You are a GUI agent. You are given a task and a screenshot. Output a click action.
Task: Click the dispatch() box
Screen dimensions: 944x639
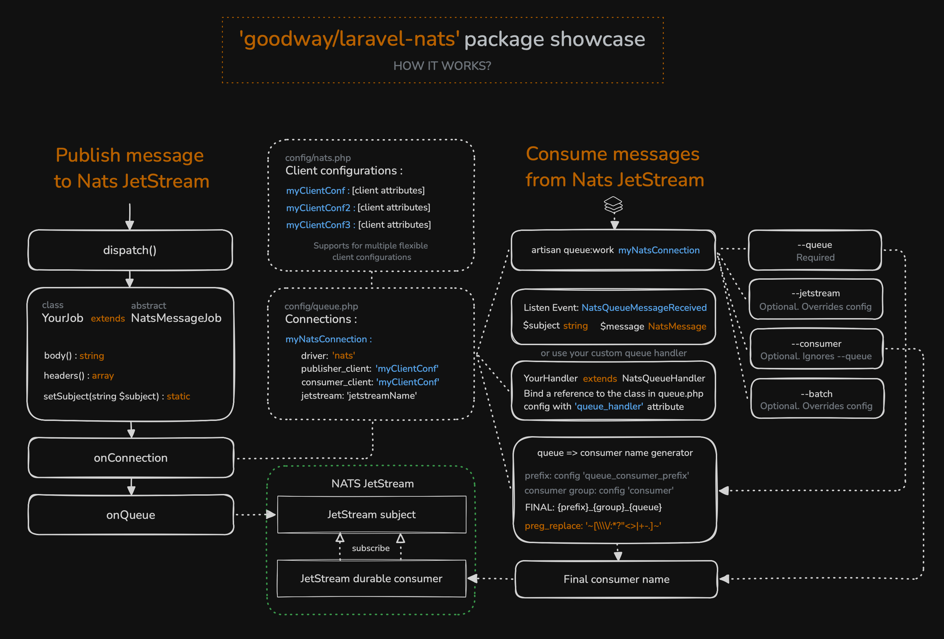click(x=130, y=250)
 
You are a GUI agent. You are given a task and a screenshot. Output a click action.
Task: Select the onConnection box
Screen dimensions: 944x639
click(x=131, y=458)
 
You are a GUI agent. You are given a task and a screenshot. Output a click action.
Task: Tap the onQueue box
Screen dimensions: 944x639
click(x=131, y=515)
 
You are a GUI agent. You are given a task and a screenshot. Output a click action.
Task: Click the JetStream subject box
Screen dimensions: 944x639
click(x=372, y=514)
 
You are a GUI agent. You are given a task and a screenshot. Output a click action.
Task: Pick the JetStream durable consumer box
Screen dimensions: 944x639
click(x=371, y=578)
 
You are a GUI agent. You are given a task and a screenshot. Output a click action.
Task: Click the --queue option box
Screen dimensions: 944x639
click(x=815, y=251)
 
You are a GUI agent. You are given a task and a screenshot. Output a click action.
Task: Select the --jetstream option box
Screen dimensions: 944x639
click(x=816, y=299)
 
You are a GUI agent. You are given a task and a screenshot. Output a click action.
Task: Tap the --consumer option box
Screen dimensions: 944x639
click(x=816, y=349)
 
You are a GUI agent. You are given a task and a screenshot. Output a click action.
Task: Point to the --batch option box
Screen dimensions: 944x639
click(x=817, y=399)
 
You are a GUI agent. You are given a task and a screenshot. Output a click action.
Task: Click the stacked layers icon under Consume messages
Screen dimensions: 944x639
click(x=613, y=205)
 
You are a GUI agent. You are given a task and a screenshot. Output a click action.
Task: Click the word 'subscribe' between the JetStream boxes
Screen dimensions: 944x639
click(x=371, y=548)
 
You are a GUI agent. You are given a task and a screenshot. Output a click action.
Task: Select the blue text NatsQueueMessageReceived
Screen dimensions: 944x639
click(x=644, y=308)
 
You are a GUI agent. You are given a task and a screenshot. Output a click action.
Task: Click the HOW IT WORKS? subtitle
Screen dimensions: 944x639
click(x=442, y=66)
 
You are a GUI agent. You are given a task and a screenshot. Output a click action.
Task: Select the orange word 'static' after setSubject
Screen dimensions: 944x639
click(x=178, y=396)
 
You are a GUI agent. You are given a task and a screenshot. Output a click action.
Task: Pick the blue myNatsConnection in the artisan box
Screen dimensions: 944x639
click(x=659, y=250)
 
